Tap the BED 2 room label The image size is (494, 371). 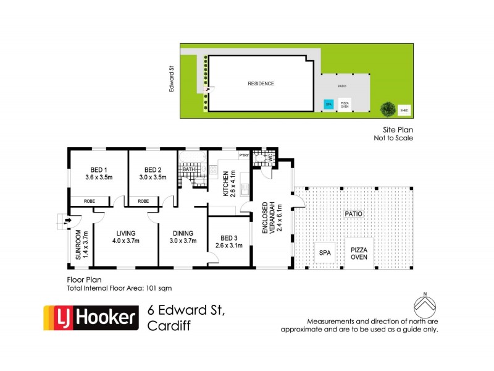coord(153,171)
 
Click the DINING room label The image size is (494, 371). coord(183,233)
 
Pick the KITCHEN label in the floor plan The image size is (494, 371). coord(227,184)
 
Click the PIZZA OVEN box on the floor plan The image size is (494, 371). coord(359,253)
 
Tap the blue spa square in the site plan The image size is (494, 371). coord(329,104)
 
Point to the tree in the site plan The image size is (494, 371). coord(388,109)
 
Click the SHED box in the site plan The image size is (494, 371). coord(404,111)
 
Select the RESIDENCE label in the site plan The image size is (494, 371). coord(261,83)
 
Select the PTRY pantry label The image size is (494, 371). coord(243,155)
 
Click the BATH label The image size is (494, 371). coord(188,168)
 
